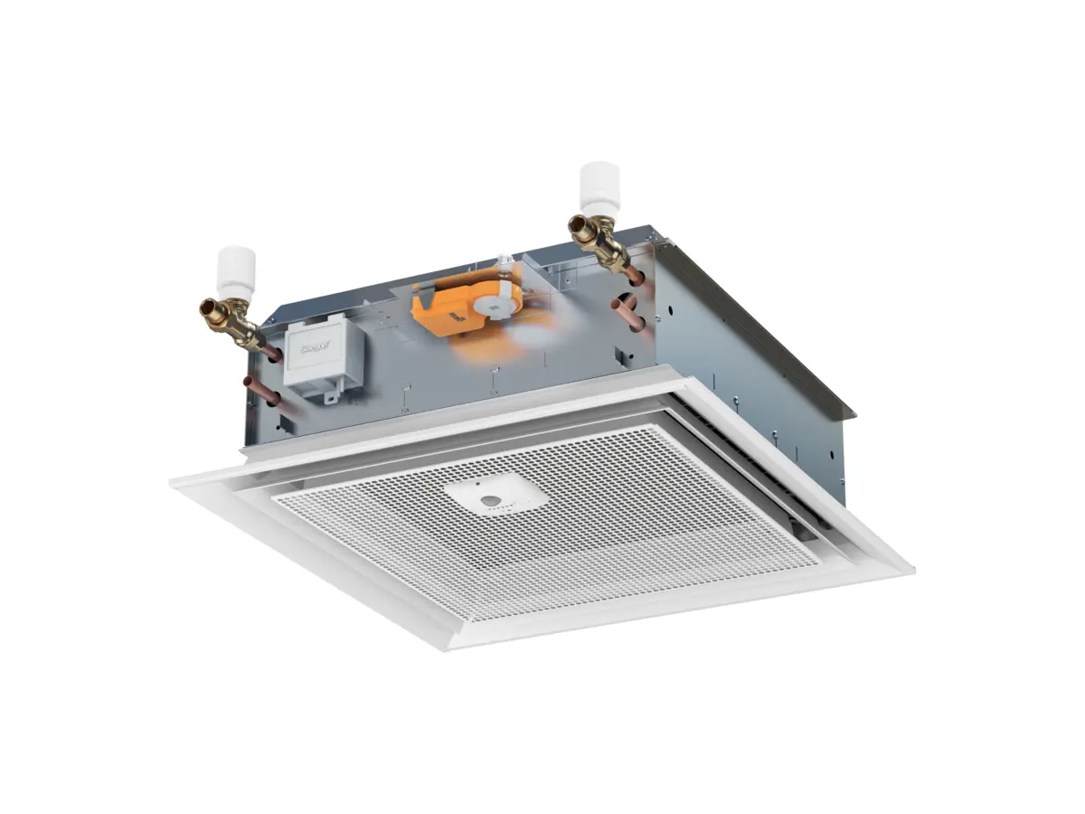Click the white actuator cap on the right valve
[599, 186]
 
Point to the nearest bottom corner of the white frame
[453, 644]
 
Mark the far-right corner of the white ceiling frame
[910, 570]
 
